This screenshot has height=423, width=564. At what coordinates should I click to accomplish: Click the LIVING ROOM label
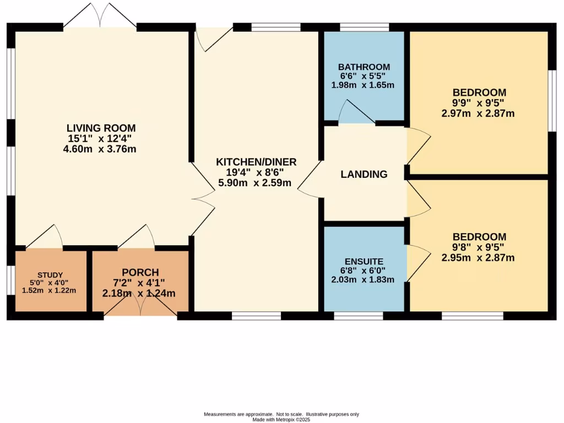coord(101,128)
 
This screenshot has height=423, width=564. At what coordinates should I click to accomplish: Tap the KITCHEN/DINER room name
coord(256,162)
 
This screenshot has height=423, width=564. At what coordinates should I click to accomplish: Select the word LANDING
coord(364,175)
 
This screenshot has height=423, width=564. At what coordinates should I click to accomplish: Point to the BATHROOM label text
coord(364,67)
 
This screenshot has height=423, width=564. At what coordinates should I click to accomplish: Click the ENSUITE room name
coord(364,261)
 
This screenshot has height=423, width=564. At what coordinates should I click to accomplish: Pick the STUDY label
coord(50,275)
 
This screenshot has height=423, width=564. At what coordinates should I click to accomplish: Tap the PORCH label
coord(140,273)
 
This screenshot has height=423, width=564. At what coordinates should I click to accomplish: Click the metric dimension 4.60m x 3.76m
coord(100,149)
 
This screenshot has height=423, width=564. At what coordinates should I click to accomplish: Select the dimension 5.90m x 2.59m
coord(256,183)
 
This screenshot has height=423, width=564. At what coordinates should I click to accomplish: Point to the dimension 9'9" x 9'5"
coord(479,103)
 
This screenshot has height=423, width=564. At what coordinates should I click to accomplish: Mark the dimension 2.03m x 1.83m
coord(363,279)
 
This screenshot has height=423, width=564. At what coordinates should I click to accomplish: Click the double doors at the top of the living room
coord(100,17)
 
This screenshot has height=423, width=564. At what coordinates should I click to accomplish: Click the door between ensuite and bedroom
coord(417,264)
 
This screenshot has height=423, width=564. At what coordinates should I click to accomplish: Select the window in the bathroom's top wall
coord(364,26)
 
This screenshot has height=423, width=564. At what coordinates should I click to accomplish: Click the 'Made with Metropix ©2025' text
coord(281,420)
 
